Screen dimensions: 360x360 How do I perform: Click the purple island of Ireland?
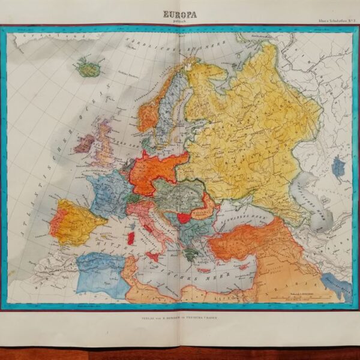(85, 143)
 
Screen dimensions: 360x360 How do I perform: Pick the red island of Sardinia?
(131, 238)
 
